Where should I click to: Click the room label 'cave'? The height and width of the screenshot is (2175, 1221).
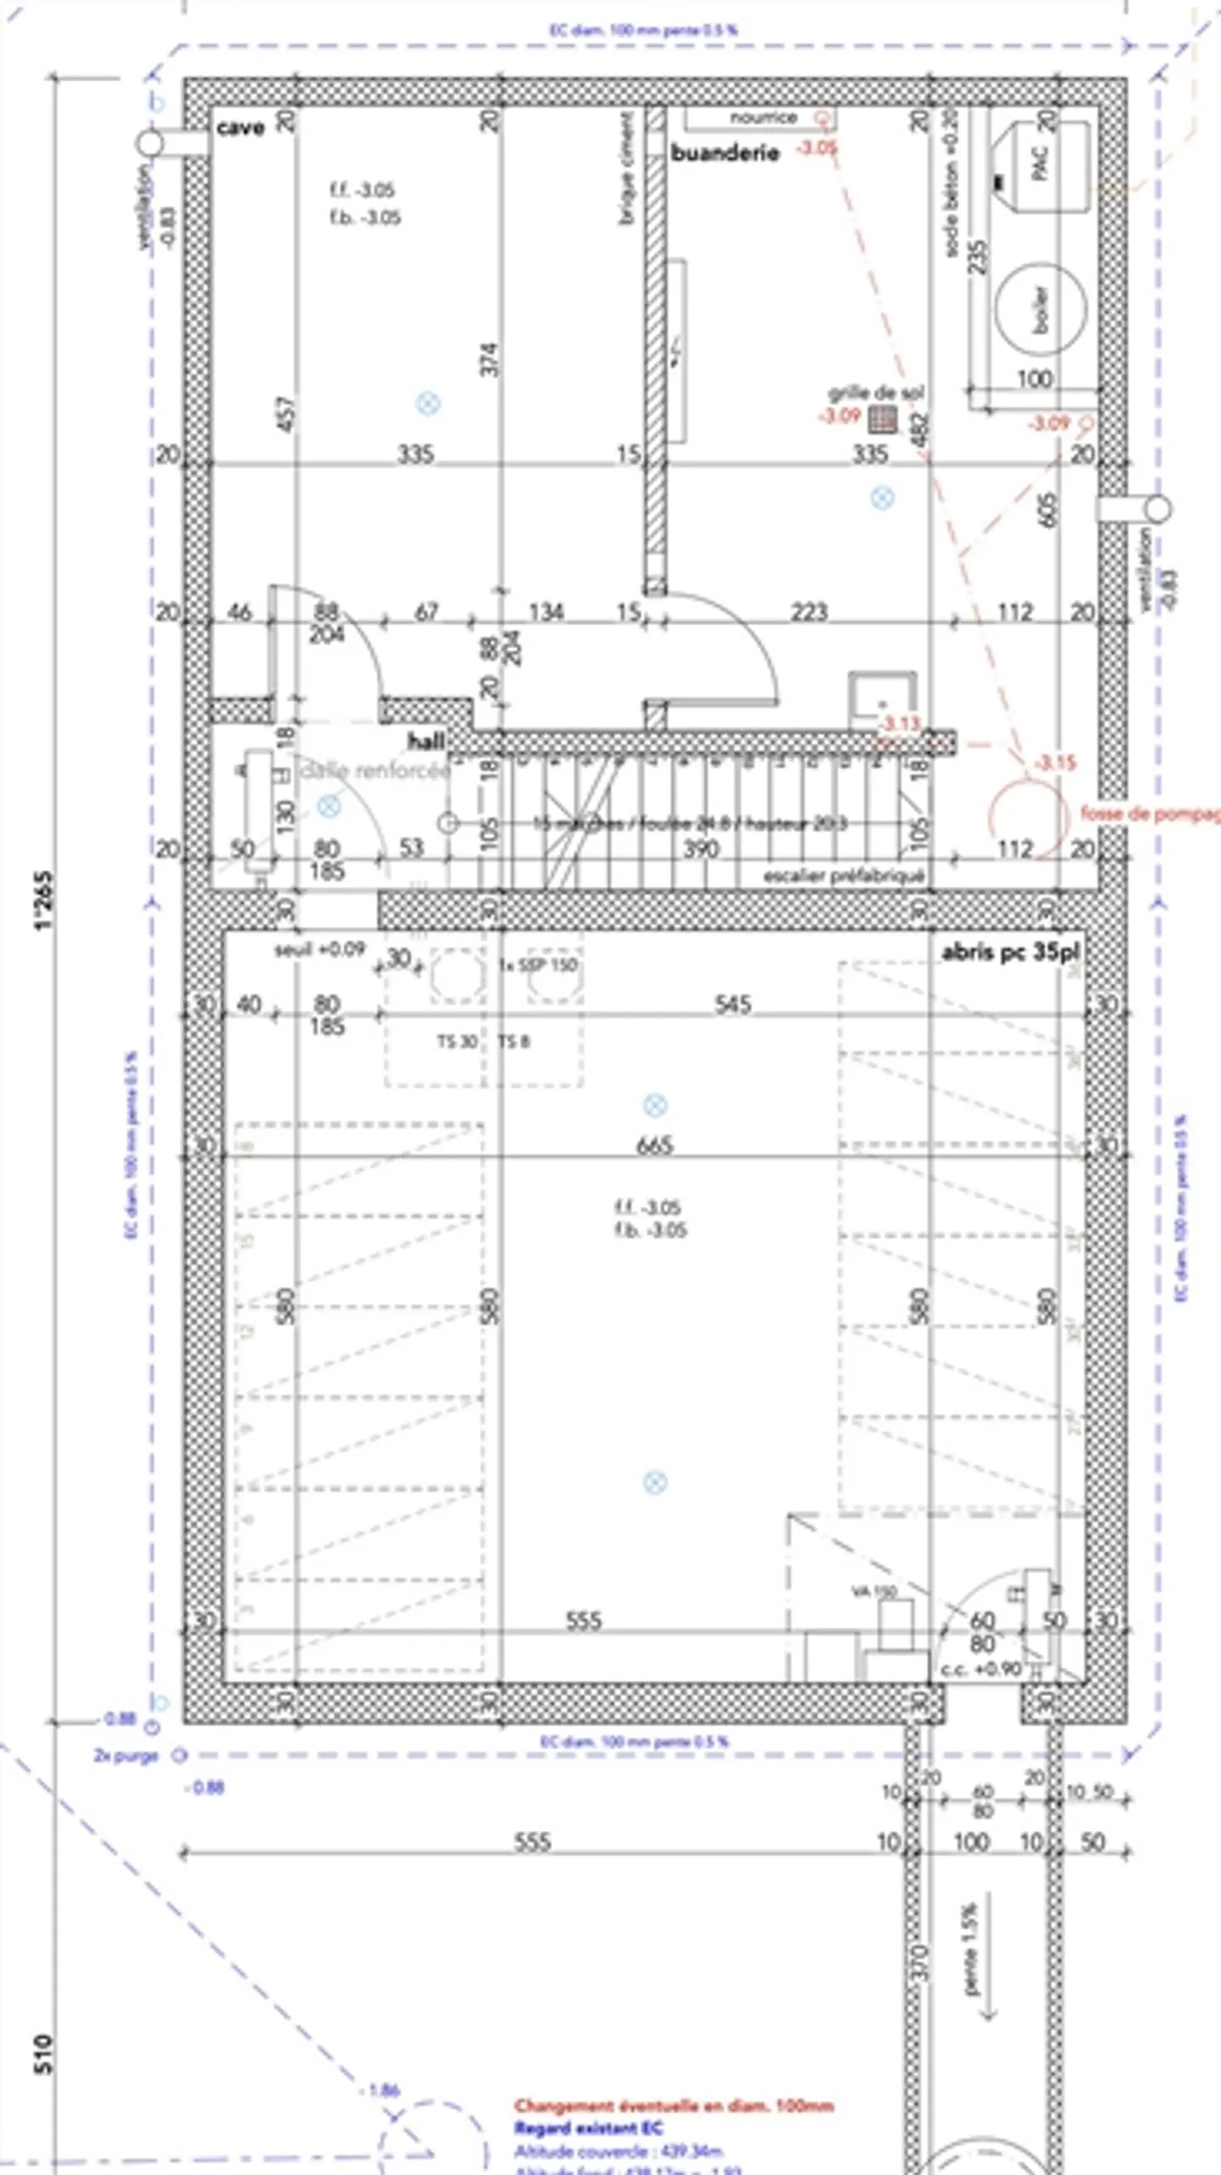coord(241,128)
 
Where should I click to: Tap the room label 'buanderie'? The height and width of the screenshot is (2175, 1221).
coord(725,153)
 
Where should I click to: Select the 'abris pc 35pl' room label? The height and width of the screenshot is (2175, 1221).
coord(1010,952)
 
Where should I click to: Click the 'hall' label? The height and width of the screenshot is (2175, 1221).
coord(427,741)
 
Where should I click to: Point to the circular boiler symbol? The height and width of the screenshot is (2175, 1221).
coord(1040,309)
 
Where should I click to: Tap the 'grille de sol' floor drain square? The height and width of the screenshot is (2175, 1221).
coord(884,417)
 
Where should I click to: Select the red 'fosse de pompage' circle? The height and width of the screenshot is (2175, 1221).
coord(1027,815)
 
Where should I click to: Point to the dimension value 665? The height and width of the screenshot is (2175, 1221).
coord(655,1146)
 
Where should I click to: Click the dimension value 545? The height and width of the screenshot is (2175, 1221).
coord(733,1005)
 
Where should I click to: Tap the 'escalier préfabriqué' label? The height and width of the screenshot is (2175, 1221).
coord(843,876)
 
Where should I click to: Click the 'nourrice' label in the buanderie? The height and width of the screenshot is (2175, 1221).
coord(763,118)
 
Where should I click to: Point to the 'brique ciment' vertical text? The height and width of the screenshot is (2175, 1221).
coord(627,170)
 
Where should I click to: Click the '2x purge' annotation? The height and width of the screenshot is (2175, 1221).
coord(126,1755)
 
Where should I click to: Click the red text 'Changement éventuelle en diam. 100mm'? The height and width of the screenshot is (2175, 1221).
coord(674,2105)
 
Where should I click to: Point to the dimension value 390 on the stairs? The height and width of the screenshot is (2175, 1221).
coord(701,849)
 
